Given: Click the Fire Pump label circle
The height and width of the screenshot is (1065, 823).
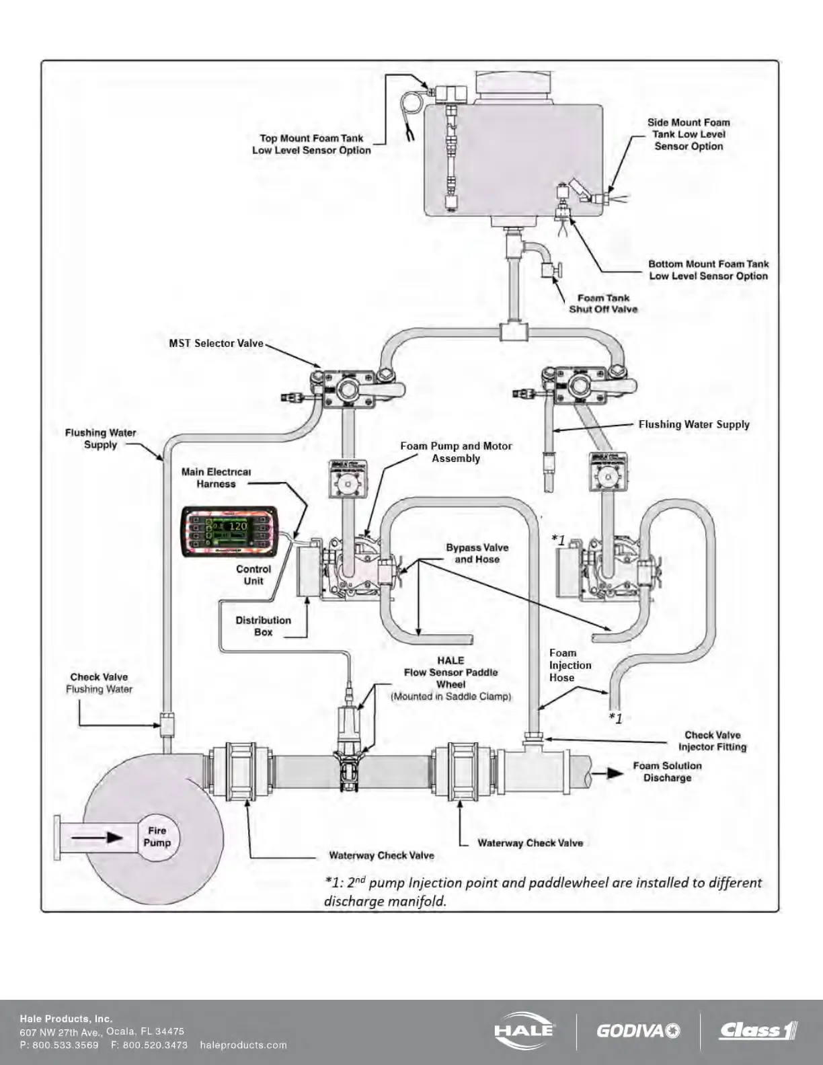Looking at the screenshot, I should pos(157,837).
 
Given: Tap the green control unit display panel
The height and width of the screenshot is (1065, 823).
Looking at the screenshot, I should pos(230,532).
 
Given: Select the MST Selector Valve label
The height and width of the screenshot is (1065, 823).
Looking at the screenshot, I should pos(216,344).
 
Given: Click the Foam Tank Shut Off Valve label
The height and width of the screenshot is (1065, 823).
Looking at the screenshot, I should pos(603,304).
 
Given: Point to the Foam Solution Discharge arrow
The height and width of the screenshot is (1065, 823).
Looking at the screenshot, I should pos(615,773).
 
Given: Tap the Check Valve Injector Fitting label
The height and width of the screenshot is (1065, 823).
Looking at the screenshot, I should pos(712,741).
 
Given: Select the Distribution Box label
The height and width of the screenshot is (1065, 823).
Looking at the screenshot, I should pos(263,626).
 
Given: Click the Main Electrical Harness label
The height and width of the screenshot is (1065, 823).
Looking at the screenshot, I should pos(216,478).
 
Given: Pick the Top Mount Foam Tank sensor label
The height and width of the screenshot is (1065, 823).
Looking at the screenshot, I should pos(311,145).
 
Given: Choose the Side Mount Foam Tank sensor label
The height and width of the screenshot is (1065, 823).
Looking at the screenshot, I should pos(689,134).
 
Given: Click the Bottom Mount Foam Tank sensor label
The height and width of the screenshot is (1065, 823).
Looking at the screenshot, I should pos(708,270).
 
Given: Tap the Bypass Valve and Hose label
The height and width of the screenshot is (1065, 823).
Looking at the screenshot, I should pos(477,553).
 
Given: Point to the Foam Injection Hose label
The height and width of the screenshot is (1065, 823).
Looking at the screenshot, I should pos(570,665).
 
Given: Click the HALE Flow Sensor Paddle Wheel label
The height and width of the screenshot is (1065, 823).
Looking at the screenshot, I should pos(450,678).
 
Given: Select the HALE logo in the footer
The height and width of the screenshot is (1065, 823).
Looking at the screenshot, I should pos(524,1030).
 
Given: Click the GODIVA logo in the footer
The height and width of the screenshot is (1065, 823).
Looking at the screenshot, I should pos(637,1031).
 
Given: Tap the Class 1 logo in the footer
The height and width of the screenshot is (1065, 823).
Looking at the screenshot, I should pos(758,1030).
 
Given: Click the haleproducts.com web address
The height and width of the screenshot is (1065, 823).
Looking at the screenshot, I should pos(243,1046).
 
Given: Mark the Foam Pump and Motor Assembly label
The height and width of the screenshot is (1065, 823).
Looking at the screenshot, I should pos(456,452).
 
